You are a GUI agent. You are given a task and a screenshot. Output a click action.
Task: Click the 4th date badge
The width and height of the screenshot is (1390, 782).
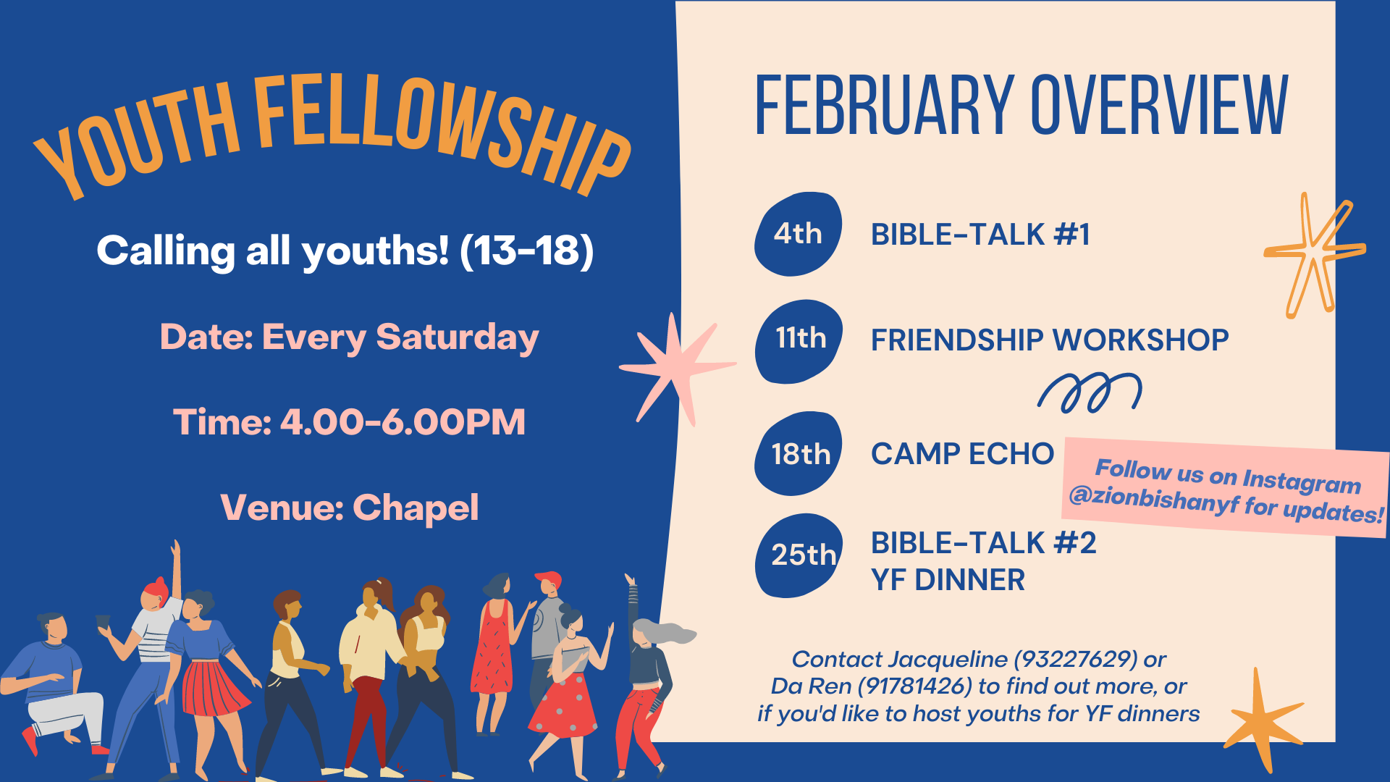coord(798,234)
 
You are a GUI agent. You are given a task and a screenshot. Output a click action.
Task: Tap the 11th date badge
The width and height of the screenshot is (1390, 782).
coord(799,340)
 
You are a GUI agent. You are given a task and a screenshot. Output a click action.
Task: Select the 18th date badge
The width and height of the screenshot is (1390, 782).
coord(799,454)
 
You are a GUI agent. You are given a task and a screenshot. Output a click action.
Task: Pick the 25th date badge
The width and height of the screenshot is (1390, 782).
coord(799,555)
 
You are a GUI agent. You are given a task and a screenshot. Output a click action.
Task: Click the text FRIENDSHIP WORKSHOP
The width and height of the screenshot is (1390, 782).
coord(1050,340)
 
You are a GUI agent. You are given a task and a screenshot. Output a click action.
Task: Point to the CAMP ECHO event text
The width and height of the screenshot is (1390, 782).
coord(962,454)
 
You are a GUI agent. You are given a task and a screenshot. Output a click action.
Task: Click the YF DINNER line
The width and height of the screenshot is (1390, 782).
coord(948,580)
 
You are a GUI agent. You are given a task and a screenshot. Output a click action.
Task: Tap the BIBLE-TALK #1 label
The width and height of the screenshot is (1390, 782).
coord(980,235)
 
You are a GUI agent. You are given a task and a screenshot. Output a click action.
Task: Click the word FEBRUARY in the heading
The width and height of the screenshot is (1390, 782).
coord(884,106)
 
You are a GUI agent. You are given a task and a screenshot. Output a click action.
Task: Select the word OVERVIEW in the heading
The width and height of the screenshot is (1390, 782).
coord(1160,106)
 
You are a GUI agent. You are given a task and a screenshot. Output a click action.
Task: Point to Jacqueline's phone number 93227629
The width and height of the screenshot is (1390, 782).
coord(1075,659)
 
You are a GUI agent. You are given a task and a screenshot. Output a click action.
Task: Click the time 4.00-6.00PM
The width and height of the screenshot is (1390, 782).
coord(403,422)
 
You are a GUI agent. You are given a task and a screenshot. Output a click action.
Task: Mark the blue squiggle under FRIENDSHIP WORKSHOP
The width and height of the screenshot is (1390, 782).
coord(1090,392)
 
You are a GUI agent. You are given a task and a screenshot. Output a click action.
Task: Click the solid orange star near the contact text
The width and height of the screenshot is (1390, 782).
coord(1263,720)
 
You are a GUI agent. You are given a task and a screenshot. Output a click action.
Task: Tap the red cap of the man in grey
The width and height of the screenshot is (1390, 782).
coord(548,579)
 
